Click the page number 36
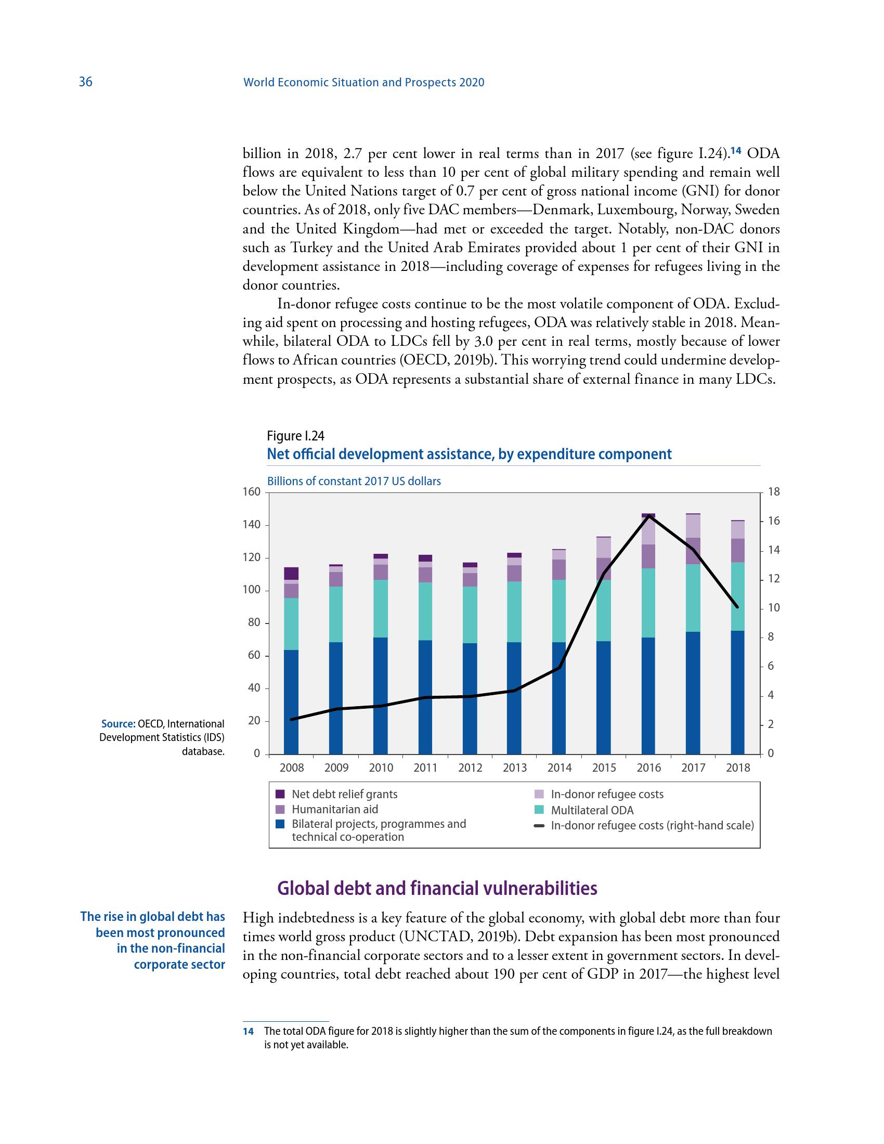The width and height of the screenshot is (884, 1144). click(85, 82)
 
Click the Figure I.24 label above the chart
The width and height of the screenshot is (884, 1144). click(295, 436)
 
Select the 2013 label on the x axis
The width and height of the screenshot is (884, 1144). click(515, 768)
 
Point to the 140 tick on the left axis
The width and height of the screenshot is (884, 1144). click(251, 525)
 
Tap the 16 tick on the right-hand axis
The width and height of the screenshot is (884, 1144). click(773, 521)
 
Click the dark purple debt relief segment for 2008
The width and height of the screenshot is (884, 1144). click(291, 573)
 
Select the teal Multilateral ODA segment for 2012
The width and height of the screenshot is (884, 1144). click(470, 615)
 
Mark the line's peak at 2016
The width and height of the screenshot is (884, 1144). click(648, 516)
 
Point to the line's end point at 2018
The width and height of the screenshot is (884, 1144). click(737, 607)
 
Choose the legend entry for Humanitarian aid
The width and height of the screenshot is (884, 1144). click(335, 809)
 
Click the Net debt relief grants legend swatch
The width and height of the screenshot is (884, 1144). click(280, 794)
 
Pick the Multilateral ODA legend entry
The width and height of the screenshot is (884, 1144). click(592, 810)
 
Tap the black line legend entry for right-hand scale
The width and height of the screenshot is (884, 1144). click(652, 826)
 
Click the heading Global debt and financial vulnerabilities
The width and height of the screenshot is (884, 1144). click(437, 888)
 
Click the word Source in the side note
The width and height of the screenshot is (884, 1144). click(119, 724)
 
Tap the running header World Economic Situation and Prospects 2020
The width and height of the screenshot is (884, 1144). click(364, 82)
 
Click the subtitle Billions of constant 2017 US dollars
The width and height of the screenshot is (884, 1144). click(354, 481)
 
